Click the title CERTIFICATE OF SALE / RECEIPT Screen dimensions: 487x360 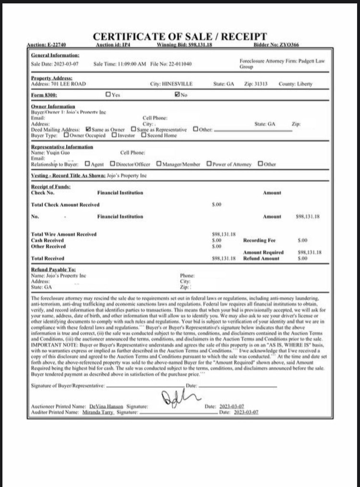click(x=180, y=37)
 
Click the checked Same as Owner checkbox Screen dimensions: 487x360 click(x=88, y=130)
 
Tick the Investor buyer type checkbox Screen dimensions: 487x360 click(x=114, y=135)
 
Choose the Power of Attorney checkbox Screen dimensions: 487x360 click(x=209, y=164)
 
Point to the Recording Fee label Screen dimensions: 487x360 click(x=259, y=240)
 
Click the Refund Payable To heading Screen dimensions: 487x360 click(x=53, y=270)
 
